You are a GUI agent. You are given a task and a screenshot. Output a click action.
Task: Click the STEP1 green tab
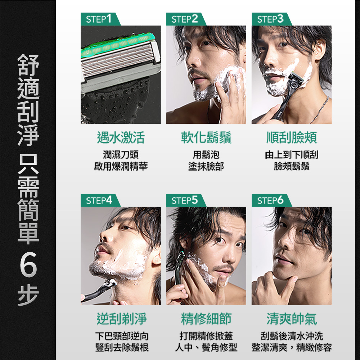coord(100,19)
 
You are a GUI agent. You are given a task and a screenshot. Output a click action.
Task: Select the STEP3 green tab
coord(271,19)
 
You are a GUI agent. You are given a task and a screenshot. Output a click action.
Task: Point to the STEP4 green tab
coord(100,201)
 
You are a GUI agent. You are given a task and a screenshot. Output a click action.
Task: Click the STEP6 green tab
coord(271,201)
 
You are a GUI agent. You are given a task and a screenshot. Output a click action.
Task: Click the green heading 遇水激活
coord(121,138)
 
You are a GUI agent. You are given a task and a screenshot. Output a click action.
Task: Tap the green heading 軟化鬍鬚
coord(206,138)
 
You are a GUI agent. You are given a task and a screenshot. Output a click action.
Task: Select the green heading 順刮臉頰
coord(292,138)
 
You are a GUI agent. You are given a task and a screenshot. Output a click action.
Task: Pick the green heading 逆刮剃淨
coord(121,319)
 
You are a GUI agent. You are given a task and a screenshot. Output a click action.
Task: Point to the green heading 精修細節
coord(206,319)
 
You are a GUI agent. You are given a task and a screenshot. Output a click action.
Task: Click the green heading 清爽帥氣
coord(292,319)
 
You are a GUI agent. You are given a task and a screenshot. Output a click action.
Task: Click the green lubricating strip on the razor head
coord(118,45)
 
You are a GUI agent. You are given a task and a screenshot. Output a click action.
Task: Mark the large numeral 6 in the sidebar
coord(28,264)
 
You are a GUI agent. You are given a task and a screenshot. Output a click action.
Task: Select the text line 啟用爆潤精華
coord(121,166)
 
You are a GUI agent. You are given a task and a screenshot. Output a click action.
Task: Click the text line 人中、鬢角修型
coord(206,347)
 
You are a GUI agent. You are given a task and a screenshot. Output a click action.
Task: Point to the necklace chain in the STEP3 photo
coord(321,110)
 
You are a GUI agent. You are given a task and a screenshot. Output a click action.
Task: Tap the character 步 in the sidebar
coord(28,296)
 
